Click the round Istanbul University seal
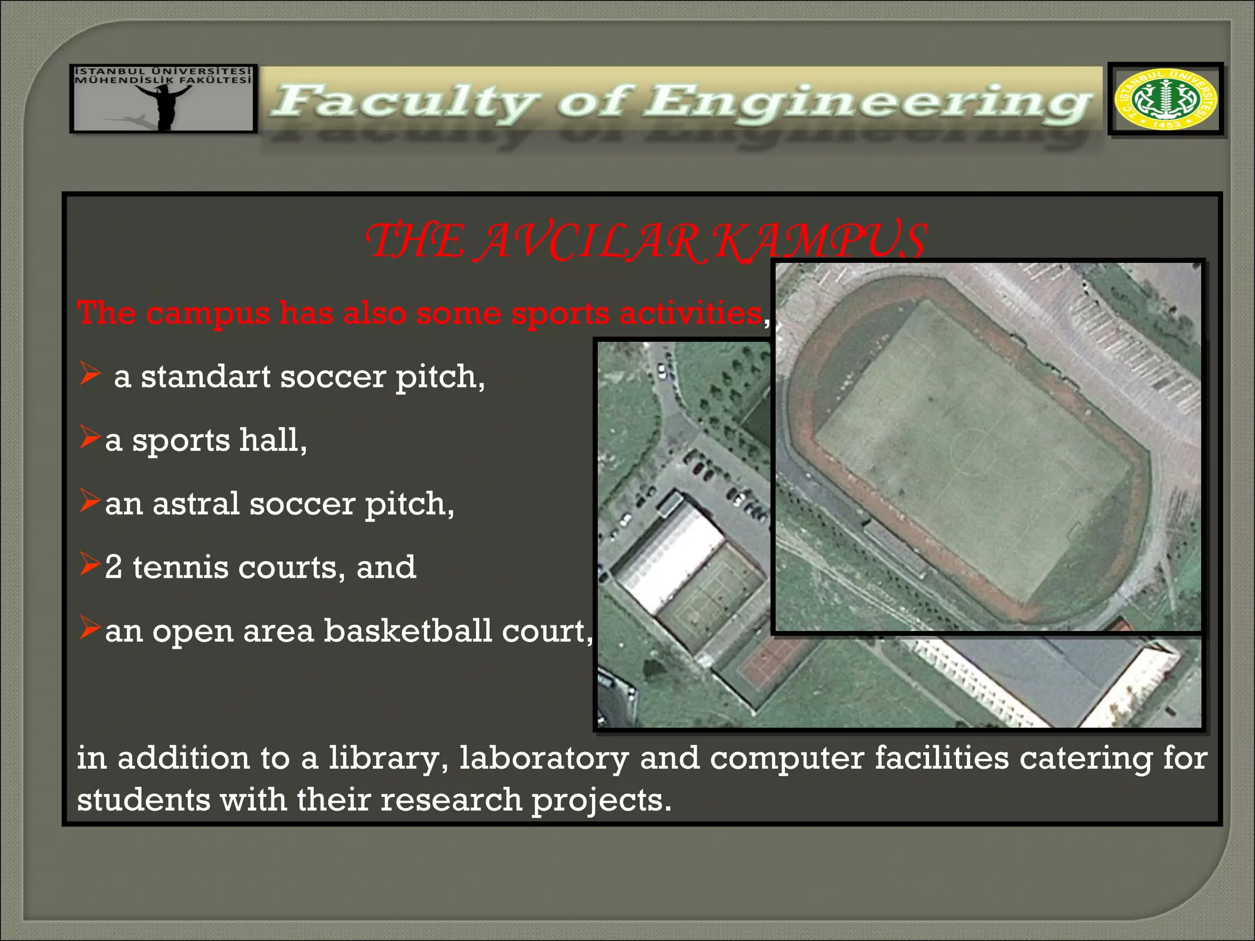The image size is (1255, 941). (1166, 99)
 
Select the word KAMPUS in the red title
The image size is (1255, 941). (821, 241)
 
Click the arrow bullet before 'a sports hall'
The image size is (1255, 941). (89, 437)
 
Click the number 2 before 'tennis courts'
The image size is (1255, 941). (113, 567)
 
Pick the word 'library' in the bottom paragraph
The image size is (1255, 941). (384, 758)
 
